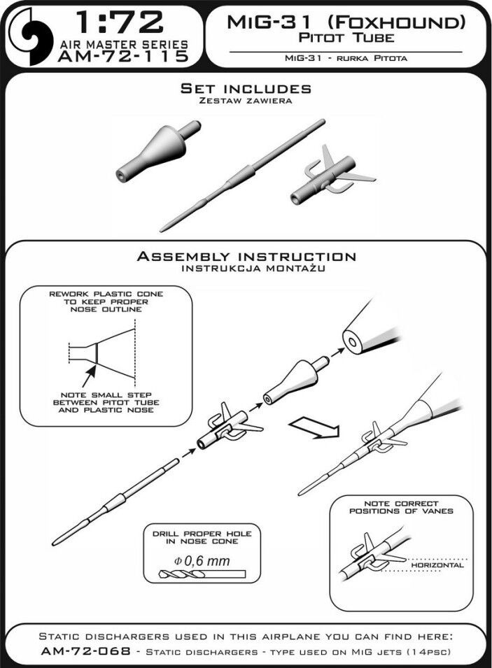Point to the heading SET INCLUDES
(246, 89)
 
